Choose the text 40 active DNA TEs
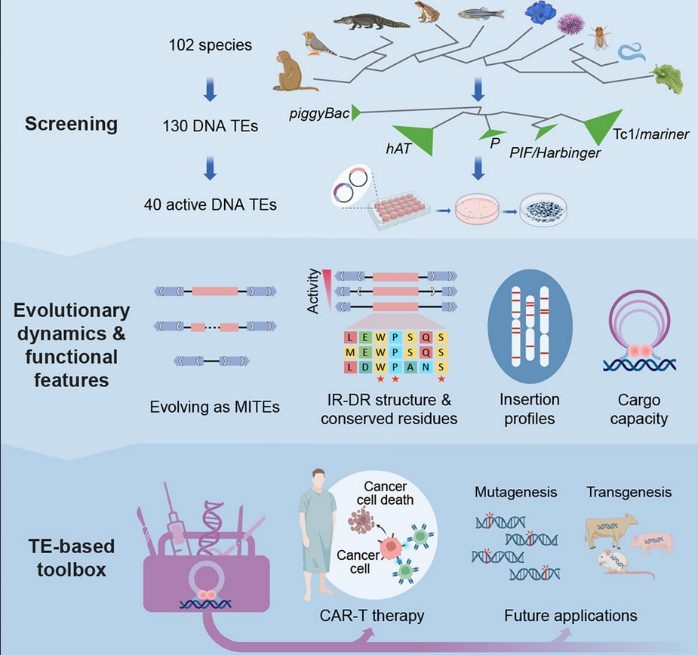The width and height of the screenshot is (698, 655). point(209,204)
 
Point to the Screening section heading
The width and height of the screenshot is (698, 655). point(71,124)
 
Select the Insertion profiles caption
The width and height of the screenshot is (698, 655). point(530,408)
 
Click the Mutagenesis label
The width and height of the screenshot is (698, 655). point(515,492)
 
